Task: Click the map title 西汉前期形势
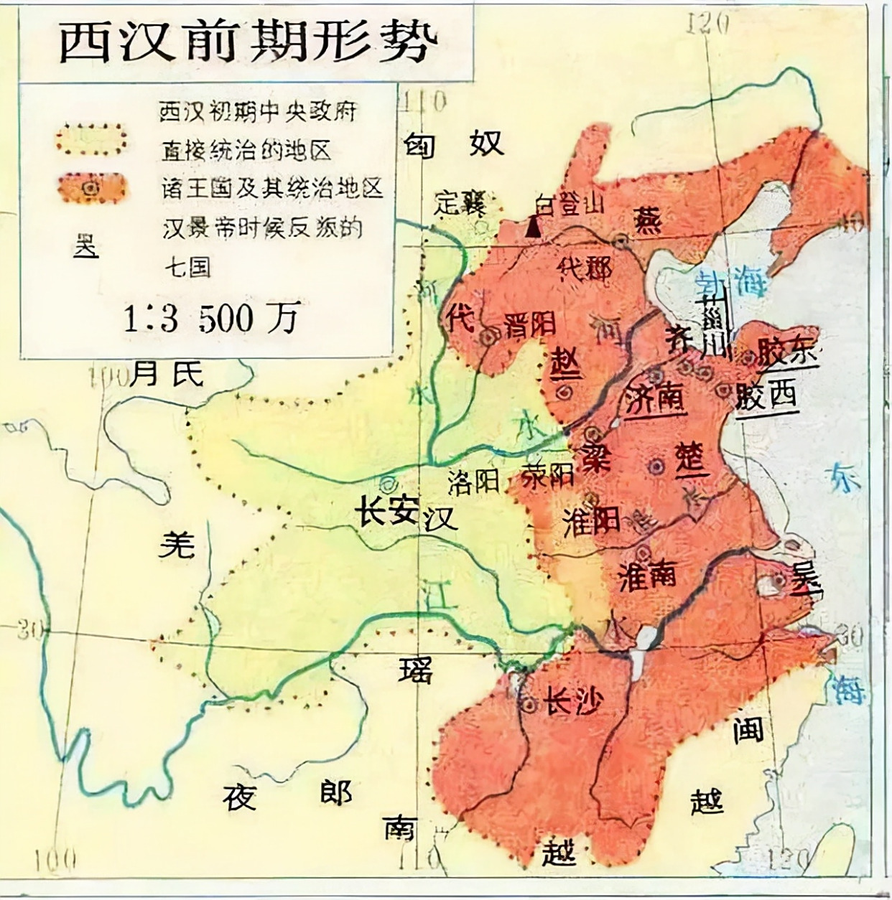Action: pos(248,42)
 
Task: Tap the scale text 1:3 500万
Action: pos(211,318)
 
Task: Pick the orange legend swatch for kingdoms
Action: pos(91,188)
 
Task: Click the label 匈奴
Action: pos(452,145)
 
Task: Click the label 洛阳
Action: pos(473,482)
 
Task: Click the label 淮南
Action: pos(647,576)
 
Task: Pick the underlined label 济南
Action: pos(654,398)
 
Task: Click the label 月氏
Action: pos(168,373)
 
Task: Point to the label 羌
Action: pos(177,545)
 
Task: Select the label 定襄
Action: pos(460,203)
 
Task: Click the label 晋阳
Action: pos(530,325)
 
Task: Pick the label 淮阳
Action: pos(591,522)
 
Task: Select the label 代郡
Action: pos(585,268)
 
